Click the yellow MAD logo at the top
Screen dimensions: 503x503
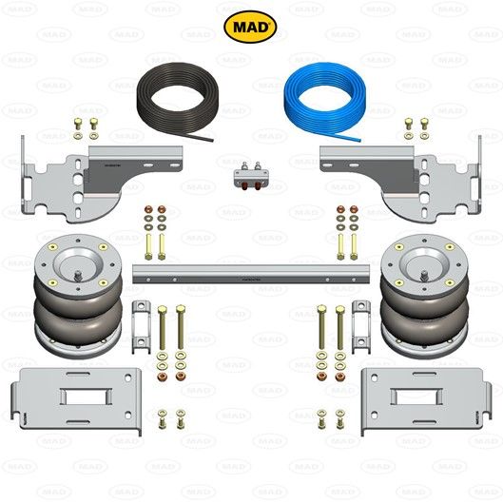(251, 25)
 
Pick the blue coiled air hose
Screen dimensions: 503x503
(322, 100)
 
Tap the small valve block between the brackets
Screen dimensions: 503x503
(250, 176)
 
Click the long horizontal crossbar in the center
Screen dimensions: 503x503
(251, 274)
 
